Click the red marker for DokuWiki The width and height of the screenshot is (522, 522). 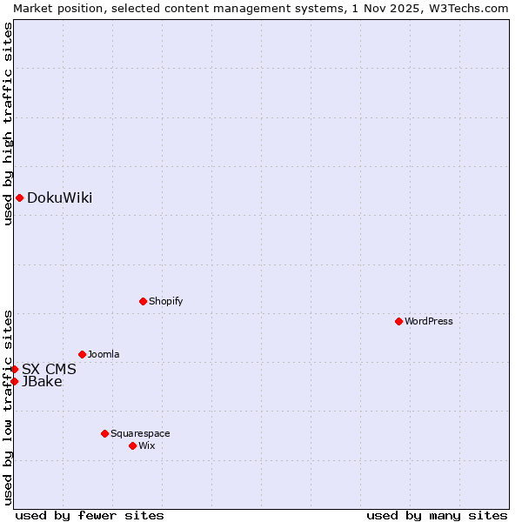(x=19, y=197)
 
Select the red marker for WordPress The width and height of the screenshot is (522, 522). (x=398, y=321)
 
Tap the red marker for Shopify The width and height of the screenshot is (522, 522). (x=143, y=301)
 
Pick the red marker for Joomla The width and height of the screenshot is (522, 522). (x=82, y=354)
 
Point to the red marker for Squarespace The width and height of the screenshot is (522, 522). (x=104, y=433)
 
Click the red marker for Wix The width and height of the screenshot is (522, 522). (x=132, y=445)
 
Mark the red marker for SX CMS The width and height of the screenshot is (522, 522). (x=14, y=369)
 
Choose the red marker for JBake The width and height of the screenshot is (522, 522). (x=14, y=381)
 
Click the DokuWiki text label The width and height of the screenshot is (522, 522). (x=59, y=197)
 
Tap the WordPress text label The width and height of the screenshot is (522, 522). (x=429, y=321)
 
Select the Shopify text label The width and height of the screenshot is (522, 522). (x=165, y=301)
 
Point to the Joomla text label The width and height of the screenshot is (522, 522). (x=104, y=354)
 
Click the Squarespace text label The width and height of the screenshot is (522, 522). (x=140, y=433)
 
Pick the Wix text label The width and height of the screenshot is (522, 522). (x=146, y=445)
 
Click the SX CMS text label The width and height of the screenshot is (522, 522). (x=49, y=369)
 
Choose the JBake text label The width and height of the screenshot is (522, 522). (x=42, y=381)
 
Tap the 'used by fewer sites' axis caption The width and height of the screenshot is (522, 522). (x=90, y=515)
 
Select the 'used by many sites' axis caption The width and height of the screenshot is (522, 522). (x=437, y=515)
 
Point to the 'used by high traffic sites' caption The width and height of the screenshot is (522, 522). (x=8, y=124)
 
